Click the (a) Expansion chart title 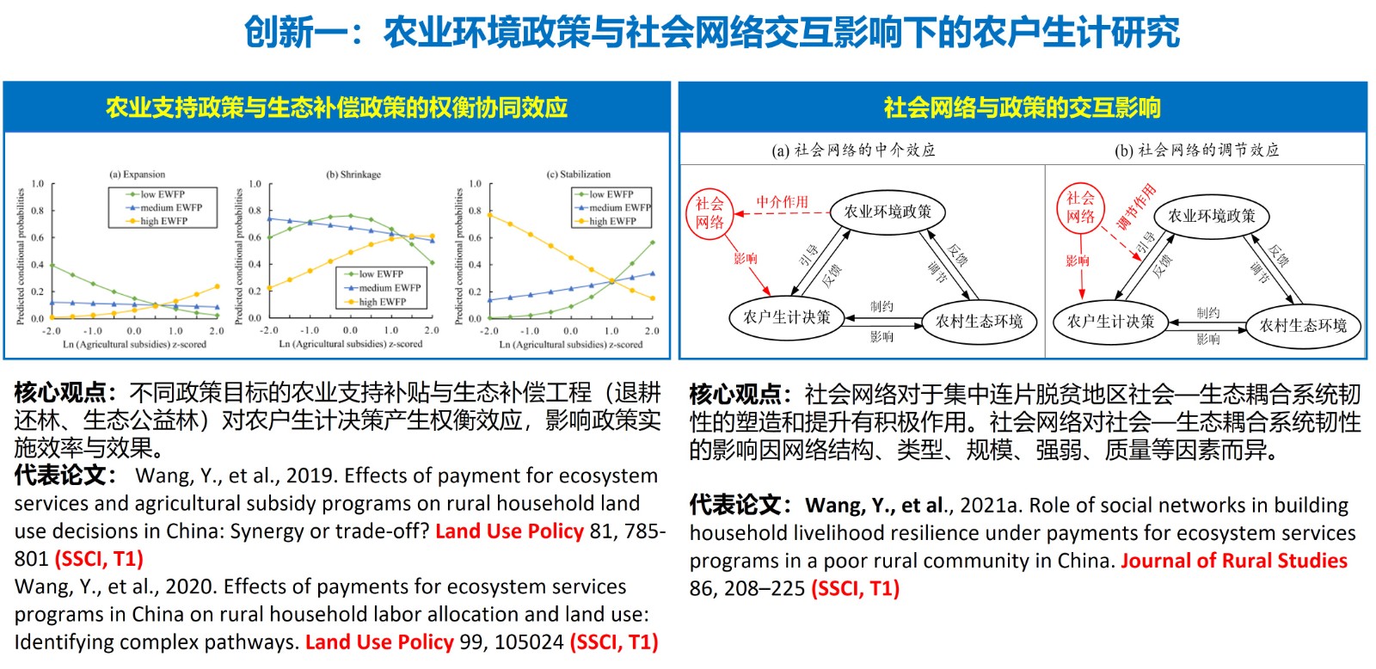(x=137, y=175)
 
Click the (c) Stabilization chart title (x=578, y=175)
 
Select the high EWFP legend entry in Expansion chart (x=163, y=221)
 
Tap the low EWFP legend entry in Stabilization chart (x=611, y=194)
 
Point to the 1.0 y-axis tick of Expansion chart (x=38, y=184)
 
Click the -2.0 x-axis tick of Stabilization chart (x=488, y=331)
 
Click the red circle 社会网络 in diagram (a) (x=709, y=213)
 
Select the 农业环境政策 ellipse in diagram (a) (x=888, y=212)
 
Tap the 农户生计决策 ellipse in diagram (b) (x=1110, y=322)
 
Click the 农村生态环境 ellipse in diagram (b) (x=1303, y=325)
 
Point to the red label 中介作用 (x=782, y=202)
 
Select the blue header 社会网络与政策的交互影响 (x=1022, y=107)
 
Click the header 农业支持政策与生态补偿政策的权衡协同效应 (x=336, y=107)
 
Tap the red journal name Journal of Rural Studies (x=1234, y=561)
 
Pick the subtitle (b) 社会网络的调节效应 (x=1196, y=150)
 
